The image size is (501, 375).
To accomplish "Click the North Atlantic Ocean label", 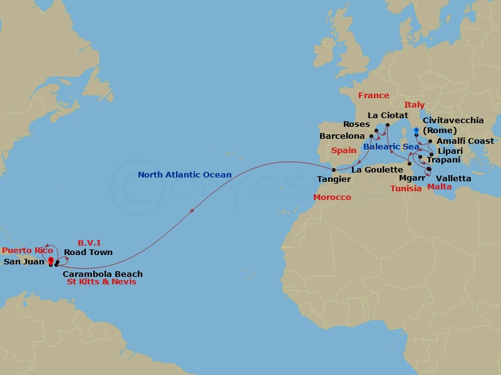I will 185,175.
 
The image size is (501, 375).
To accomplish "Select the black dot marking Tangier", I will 334,169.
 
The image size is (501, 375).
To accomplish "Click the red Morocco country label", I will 332,197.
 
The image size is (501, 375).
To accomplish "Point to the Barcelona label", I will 342,136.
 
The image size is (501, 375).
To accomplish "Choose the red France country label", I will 373,96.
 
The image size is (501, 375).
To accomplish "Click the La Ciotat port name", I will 388,116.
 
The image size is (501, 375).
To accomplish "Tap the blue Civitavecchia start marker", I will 416,131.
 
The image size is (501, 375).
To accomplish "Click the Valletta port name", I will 454,178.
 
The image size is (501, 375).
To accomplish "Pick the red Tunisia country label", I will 405,188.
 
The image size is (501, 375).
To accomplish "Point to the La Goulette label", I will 377,169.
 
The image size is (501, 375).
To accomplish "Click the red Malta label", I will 439,186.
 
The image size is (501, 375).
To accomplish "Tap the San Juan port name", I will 24,262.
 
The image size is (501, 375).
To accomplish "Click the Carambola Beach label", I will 103,274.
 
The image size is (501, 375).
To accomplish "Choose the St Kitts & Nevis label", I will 101,282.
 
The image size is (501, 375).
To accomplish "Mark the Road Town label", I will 88,252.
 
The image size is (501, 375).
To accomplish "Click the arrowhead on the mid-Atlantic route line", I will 191,211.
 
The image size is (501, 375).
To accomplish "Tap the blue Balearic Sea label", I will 391,146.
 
